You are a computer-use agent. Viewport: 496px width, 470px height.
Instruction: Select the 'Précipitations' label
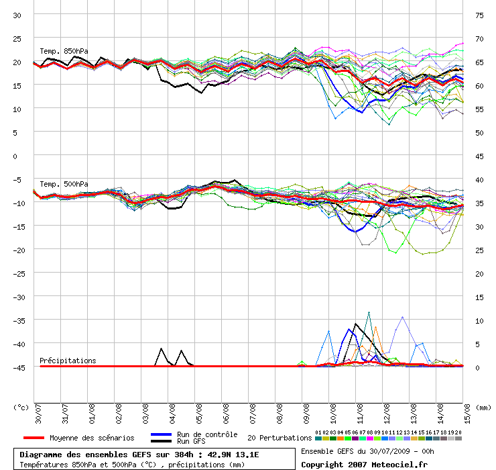coord(68,361)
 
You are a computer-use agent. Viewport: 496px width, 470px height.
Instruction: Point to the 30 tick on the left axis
coord(18,15)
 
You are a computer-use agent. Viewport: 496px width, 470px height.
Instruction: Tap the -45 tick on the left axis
coord(16,367)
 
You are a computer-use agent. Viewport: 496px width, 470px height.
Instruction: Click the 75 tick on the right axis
coord(479,15)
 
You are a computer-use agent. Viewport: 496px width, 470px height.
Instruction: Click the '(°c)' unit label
coord(21,407)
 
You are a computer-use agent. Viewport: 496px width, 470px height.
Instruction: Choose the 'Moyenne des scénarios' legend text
coord(92,438)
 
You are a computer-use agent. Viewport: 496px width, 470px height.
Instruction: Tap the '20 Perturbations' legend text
coord(280,438)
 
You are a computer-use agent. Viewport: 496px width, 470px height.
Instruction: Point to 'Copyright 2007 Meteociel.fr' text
coord(364,464)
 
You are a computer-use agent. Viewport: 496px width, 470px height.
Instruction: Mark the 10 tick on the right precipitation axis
coord(479,320)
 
